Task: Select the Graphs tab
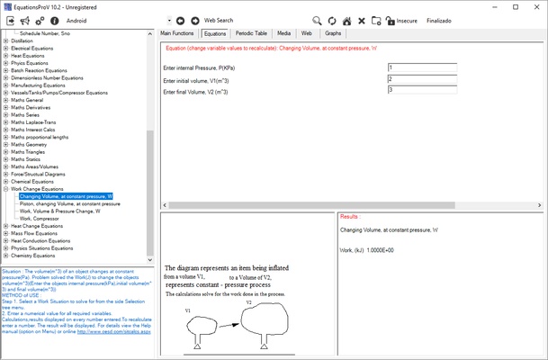click(333, 32)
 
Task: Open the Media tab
click(283, 32)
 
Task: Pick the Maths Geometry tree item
click(35, 144)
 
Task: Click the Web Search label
click(219, 19)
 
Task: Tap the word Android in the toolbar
click(77, 19)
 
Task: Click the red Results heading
click(350, 217)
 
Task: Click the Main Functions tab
click(177, 32)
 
